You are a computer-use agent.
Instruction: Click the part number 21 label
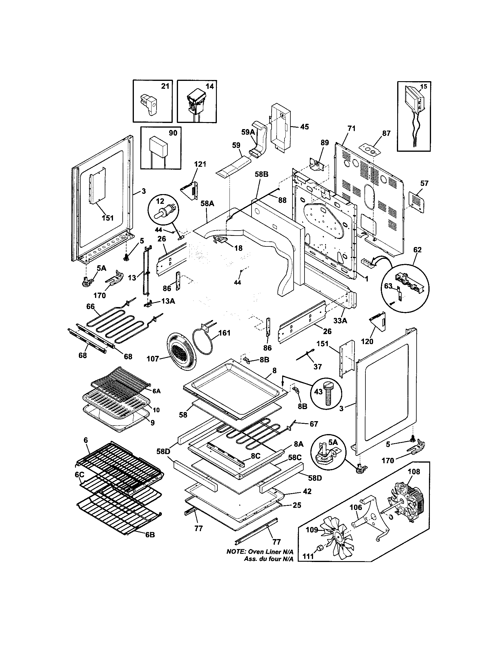click(165, 86)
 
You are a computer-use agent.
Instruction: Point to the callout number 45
click(304, 127)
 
